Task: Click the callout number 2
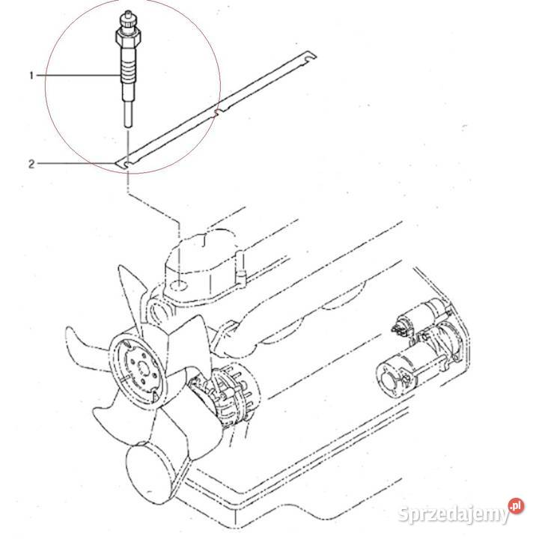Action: click(31, 162)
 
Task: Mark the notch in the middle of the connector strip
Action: click(217, 112)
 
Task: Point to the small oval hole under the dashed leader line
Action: click(180, 287)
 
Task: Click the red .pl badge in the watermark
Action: click(514, 508)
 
